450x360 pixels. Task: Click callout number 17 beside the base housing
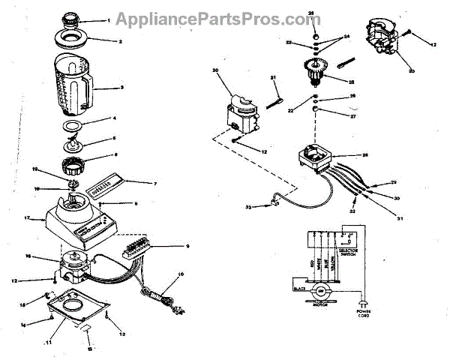[x=26, y=219]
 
